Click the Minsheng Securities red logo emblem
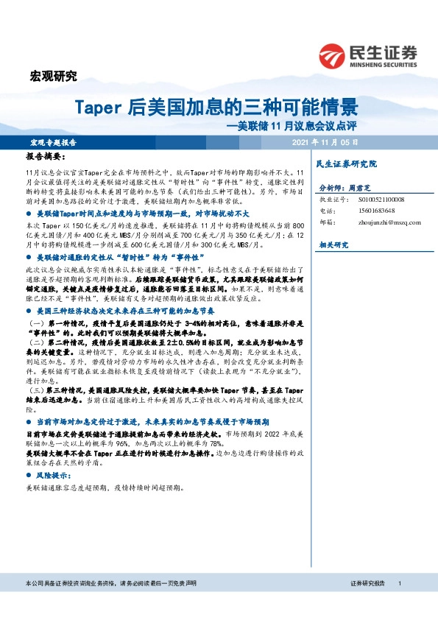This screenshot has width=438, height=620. [333, 56]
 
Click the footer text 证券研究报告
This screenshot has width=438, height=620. [367, 603]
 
